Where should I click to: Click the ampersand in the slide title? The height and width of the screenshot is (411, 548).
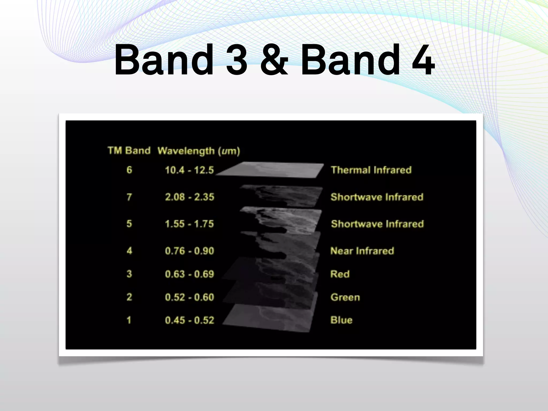tap(274, 60)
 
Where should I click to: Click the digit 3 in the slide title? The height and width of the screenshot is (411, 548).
tap(237, 60)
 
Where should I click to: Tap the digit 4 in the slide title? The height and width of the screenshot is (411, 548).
tap(423, 60)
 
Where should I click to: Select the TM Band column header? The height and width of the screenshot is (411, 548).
tap(129, 151)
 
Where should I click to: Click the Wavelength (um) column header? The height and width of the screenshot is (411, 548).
tap(199, 151)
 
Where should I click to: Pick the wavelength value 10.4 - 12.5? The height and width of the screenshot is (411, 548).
tap(189, 170)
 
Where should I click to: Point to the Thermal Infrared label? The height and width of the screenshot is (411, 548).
tap(371, 170)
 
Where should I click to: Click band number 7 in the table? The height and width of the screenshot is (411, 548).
tap(129, 197)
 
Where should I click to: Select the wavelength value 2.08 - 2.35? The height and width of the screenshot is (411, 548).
tap(189, 197)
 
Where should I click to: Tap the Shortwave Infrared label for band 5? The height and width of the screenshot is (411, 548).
tap(377, 224)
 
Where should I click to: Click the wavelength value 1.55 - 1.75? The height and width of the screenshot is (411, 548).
tap(189, 224)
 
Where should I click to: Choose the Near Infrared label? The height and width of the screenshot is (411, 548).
tap(362, 251)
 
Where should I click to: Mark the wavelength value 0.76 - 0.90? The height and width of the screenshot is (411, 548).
tap(189, 251)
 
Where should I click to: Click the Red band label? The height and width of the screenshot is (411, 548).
tap(340, 274)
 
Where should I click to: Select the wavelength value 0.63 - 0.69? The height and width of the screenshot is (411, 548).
tap(189, 274)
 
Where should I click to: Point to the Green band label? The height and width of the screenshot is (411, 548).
tap(345, 297)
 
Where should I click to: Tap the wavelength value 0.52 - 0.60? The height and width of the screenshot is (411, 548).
tap(189, 297)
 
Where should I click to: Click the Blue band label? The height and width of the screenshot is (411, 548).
tap(341, 320)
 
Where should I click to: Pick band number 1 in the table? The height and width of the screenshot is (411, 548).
tap(129, 320)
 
